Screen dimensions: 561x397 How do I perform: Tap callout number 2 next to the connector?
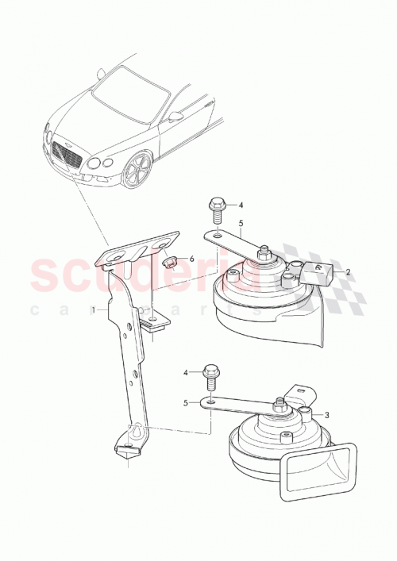347,271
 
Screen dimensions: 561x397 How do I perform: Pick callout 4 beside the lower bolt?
187,371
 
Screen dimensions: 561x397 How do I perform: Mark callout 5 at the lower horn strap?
187,402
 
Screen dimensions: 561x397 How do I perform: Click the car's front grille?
66,155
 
